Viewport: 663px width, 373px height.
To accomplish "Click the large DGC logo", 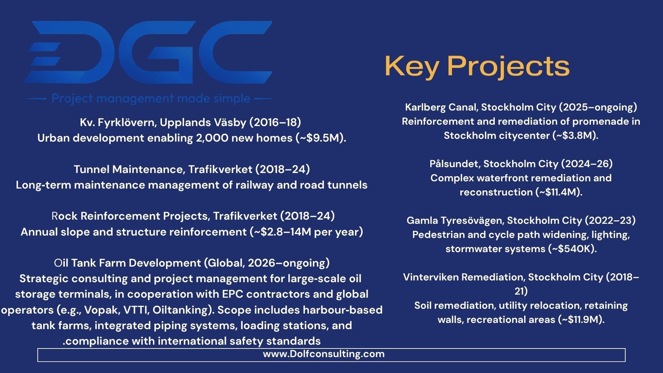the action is pyautogui.click(x=148, y=52).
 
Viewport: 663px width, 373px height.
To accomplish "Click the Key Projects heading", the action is pyautogui.click(x=477, y=66).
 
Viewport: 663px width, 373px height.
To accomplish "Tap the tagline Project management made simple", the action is pyautogui.click(x=151, y=98).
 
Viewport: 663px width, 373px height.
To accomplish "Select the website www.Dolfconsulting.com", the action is pyautogui.click(x=324, y=354).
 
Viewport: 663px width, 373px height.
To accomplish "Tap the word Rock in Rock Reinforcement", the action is pyautogui.click(x=65, y=216).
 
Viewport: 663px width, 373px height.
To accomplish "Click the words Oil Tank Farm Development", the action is pyautogui.click(x=128, y=263).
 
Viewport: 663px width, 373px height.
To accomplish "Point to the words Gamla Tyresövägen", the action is pyautogui.click(x=455, y=220).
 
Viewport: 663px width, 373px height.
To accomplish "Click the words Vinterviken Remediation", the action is pyautogui.click(x=464, y=277).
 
